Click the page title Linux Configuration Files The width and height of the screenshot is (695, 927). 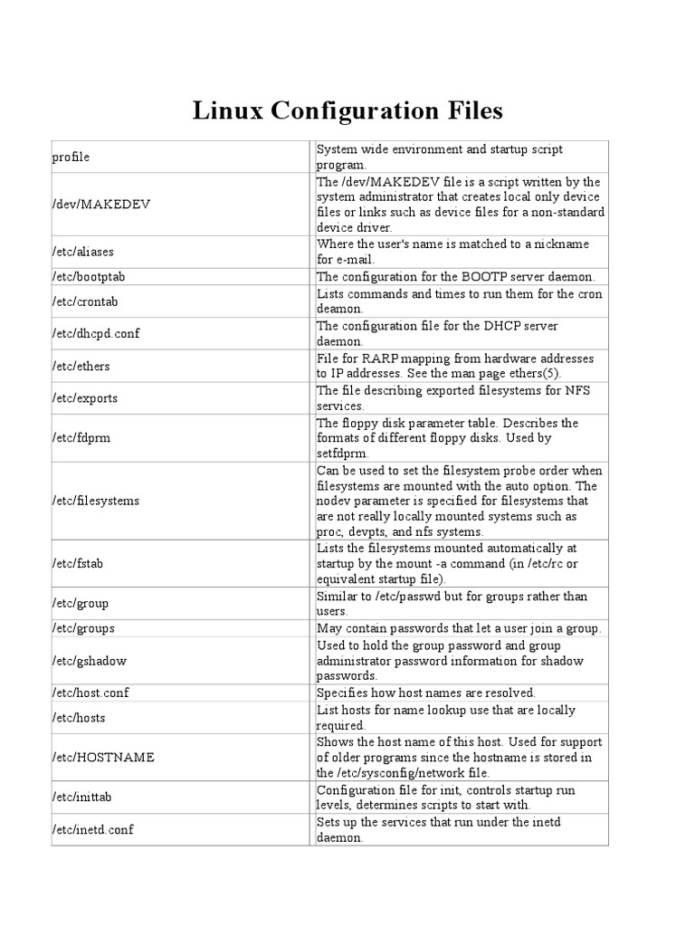(x=347, y=111)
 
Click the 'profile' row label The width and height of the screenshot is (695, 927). (x=71, y=158)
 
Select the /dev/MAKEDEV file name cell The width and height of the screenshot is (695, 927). (x=100, y=205)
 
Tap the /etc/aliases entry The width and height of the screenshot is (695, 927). (x=83, y=252)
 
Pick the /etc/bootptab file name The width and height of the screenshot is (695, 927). (x=88, y=276)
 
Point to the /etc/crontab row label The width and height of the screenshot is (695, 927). (x=84, y=301)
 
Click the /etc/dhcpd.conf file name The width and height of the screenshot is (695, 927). (x=96, y=333)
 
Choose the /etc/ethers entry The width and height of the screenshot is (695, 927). (x=81, y=366)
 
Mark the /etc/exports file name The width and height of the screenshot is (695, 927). (x=85, y=398)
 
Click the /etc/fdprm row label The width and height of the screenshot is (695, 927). (x=81, y=438)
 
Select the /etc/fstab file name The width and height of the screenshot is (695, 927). (x=79, y=563)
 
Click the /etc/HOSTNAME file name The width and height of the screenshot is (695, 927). (x=103, y=757)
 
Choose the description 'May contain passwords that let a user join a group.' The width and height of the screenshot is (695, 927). (x=459, y=628)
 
